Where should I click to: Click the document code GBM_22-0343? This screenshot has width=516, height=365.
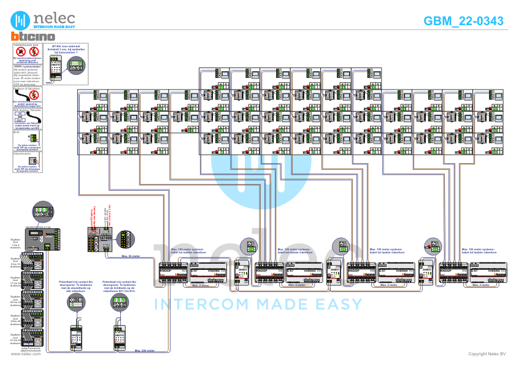463,21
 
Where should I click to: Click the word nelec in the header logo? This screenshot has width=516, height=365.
54,17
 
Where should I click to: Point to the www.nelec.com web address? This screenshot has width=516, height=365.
26,354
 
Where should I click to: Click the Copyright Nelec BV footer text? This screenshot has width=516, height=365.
487,354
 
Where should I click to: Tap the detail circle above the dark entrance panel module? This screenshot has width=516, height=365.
43,212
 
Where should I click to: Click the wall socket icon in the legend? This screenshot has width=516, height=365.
34,161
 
